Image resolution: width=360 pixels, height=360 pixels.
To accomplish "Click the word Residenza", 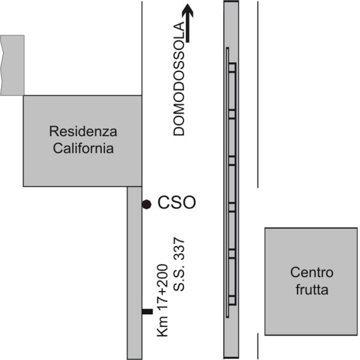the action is pos(83,131).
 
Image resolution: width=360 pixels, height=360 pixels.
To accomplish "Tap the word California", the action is pos(83,148).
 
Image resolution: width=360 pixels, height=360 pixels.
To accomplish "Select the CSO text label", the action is pos(176,203).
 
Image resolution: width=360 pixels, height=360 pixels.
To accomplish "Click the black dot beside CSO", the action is pos(146,205).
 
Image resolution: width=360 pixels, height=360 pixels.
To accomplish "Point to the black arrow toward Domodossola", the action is pos(188,23).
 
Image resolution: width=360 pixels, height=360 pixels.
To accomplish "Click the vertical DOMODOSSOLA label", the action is pos(179,79).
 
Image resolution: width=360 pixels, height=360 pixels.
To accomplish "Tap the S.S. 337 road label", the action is pos(179,265).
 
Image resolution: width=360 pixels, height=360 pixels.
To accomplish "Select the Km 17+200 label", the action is pos(163,301).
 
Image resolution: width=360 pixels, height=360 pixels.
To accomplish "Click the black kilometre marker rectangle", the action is pos(147,311).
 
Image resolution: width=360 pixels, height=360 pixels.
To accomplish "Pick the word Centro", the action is pos(311,272).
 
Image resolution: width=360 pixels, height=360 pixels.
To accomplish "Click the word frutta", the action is pos(312,289).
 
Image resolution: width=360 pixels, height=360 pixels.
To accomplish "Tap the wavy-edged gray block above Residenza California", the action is pos(12,65).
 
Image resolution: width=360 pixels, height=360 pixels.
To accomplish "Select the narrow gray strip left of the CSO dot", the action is pos(134,273).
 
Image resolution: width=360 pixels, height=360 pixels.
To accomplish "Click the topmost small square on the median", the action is pos(232,68).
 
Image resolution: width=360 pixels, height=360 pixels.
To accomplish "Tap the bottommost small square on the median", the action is pos(232,301).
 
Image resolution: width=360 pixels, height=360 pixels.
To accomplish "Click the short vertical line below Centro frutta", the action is pos(258,346).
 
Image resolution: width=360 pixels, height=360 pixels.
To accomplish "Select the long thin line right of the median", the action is pos(258,95).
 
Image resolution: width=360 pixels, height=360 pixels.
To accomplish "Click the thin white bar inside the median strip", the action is pos(227,182).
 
